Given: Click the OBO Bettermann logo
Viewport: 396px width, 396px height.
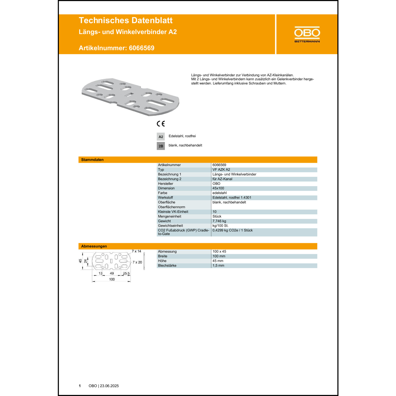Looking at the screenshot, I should pos(307,34).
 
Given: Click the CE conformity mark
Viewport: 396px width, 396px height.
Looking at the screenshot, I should pos(161,124).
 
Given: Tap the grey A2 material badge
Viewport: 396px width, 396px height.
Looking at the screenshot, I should pos(161,137).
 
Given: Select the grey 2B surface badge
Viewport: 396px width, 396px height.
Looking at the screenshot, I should pos(161,146).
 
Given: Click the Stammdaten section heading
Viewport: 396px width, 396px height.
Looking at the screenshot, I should pos(92,160).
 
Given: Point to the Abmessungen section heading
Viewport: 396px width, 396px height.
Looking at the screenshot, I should pos(94,246).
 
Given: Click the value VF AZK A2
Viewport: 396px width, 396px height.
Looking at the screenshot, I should pos(221,170).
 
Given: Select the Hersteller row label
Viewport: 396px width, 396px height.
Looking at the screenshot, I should pos(166,184).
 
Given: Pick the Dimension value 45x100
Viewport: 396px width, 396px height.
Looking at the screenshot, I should pos(218,188).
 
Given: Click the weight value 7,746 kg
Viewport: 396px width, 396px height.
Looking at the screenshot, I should pos(219,221).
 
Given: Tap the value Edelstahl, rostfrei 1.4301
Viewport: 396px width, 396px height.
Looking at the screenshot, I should pos(232,198).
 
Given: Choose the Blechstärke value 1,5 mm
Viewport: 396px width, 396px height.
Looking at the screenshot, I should pos(218,266).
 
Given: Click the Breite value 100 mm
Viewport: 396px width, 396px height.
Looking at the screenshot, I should pos(219,256).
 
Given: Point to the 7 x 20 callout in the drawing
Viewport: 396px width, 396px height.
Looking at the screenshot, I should pos(137,262).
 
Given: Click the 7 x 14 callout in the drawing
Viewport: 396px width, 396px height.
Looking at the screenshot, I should pos(136,251).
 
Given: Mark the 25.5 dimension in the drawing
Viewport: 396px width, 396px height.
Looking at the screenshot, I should pos(126,274).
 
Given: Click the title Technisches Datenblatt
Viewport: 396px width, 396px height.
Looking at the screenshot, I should pos(126,20).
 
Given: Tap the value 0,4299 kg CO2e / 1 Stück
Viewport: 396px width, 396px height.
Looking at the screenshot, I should pos(233,230).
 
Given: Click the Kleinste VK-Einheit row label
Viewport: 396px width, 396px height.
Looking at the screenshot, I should pos(173,212).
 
